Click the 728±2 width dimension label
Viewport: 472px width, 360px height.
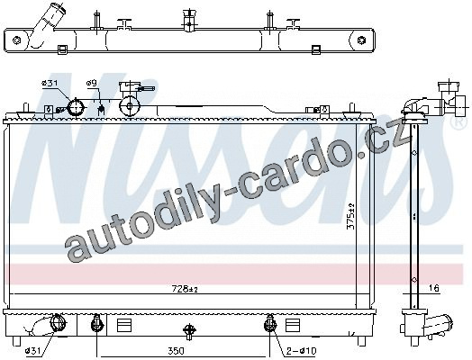[x=185, y=289]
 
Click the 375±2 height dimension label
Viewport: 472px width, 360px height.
[x=351, y=217]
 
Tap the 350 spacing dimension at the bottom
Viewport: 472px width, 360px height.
[x=176, y=351]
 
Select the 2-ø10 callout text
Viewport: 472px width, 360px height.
[x=301, y=351]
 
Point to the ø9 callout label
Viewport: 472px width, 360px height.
[x=92, y=83]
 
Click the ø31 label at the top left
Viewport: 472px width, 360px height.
[x=50, y=84]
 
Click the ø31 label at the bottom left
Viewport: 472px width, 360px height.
[x=33, y=351]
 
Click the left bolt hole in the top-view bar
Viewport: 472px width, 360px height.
[x=16, y=40]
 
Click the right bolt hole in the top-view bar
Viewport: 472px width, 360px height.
[x=361, y=40]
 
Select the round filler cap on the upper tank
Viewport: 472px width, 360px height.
[x=130, y=106]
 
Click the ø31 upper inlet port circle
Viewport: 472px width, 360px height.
[x=76, y=107]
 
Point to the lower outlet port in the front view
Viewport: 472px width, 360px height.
[x=57, y=323]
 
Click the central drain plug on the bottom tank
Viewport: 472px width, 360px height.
[x=189, y=330]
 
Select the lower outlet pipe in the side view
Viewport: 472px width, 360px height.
[x=438, y=326]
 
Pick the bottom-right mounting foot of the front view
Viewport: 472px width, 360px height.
[x=361, y=341]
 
